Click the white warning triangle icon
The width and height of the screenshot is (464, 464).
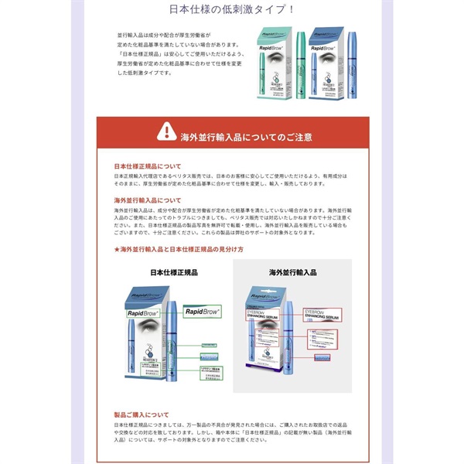point(165,132)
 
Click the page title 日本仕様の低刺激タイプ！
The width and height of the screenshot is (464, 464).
point(232,10)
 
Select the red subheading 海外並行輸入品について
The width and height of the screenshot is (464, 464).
point(147,200)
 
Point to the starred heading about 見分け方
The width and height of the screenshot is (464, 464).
point(179,251)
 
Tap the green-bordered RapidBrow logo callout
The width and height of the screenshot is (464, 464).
point(202,310)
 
